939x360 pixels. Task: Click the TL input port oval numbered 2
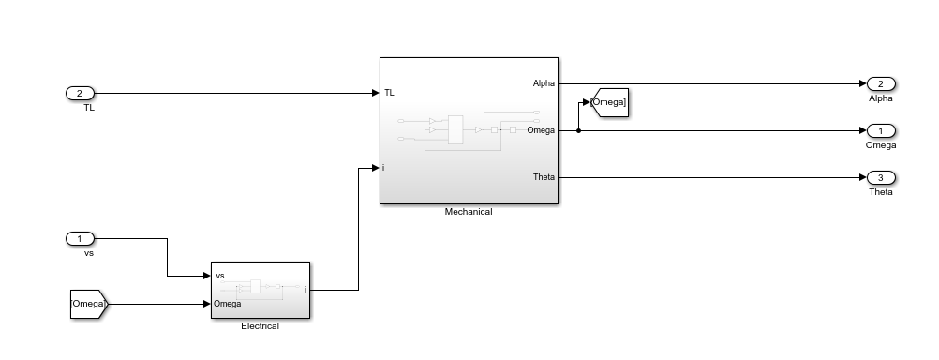(80, 94)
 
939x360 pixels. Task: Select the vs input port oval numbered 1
(80, 238)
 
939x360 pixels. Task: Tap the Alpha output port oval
(880, 83)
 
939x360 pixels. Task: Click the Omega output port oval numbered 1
(880, 130)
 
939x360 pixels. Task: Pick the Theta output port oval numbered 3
(880, 177)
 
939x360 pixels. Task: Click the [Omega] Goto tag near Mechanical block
(608, 102)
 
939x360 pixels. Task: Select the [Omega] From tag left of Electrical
(89, 304)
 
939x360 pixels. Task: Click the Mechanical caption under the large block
(469, 212)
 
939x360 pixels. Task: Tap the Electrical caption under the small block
(261, 326)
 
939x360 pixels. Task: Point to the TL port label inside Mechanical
(389, 93)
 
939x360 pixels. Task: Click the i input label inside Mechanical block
(384, 168)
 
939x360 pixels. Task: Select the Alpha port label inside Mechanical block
(544, 83)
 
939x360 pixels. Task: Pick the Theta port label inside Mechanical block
(544, 177)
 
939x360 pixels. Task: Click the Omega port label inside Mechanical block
(541, 130)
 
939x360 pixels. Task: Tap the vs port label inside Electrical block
(220, 276)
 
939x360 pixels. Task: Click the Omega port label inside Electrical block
(229, 304)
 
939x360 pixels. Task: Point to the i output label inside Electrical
(305, 290)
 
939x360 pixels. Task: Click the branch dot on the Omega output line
(578, 130)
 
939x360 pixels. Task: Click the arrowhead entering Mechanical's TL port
(374, 94)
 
